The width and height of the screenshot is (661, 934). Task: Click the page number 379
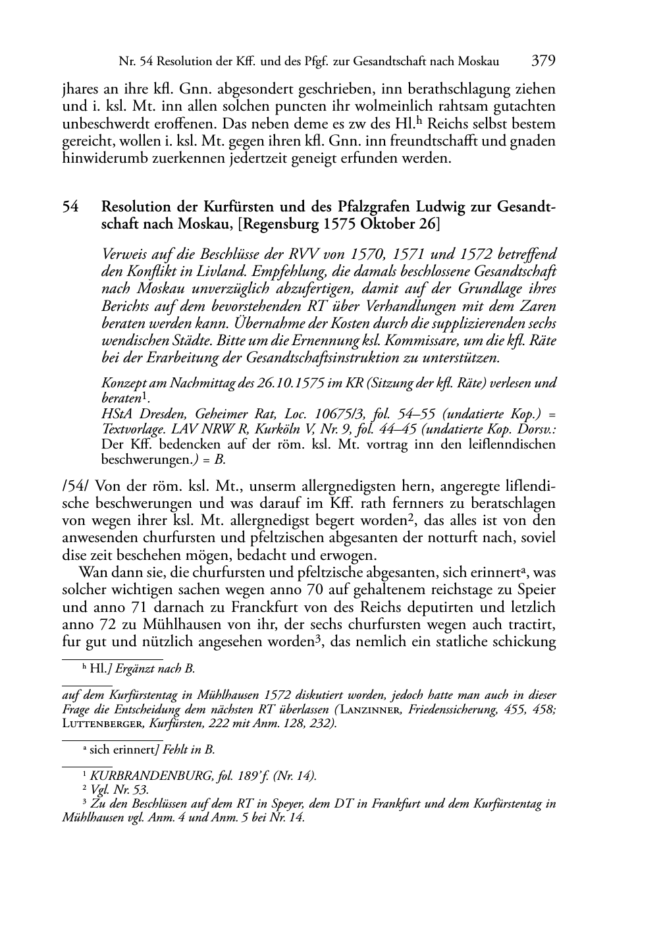544,61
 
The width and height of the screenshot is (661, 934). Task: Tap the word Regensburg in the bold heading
282,224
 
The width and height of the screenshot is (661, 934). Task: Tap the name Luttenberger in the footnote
101,724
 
